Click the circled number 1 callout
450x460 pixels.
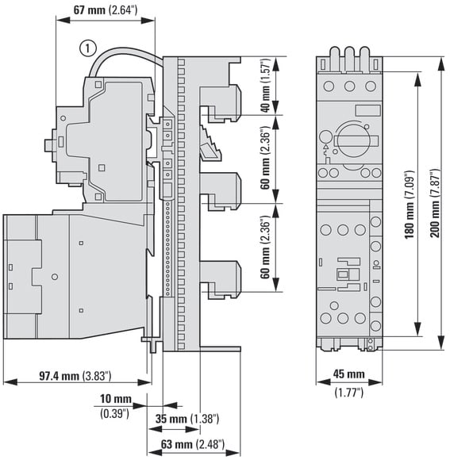tap(88, 48)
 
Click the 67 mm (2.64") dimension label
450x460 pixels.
tap(105, 10)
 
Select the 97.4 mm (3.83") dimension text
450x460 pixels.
tap(75, 376)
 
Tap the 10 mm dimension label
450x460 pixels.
tap(116, 399)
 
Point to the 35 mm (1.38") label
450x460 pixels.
tap(187, 419)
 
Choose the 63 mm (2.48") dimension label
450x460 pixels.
tap(193, 444)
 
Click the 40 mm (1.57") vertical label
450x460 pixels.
tap(265, 85)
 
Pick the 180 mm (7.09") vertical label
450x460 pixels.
tap(410, 204)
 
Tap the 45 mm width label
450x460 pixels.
tap(349, 374)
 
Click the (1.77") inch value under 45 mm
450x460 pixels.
tap(349, 392)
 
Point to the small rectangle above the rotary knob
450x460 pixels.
tap(367, 110)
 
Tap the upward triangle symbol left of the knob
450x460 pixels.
tap(325, 148)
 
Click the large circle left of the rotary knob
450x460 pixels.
tap(325, 137)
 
